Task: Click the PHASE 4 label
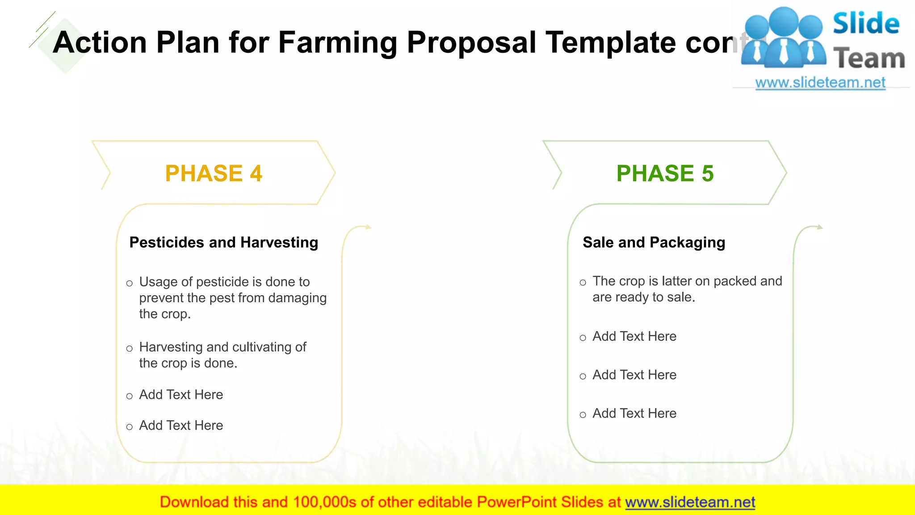[x=214, y=173]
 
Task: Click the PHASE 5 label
[x=665, y=173]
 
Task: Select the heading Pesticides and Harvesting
[x=223, y=242]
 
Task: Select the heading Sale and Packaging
[x=654, y=242]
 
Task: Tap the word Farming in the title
[x=337, y=42]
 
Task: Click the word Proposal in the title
[x=471, y=42]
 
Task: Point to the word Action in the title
[x=100, y=42]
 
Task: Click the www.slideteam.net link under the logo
[x=820, y=83]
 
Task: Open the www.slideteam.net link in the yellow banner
[x=690, y=502]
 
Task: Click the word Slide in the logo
[x=866, y=23]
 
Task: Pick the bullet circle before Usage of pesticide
[x=130, y=283]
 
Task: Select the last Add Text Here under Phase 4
[x=181, y=426]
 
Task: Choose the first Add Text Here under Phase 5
[x=634, y=337]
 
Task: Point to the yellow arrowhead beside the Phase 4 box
[x=368, y=227]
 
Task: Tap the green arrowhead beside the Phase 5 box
[x=820, y=227]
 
